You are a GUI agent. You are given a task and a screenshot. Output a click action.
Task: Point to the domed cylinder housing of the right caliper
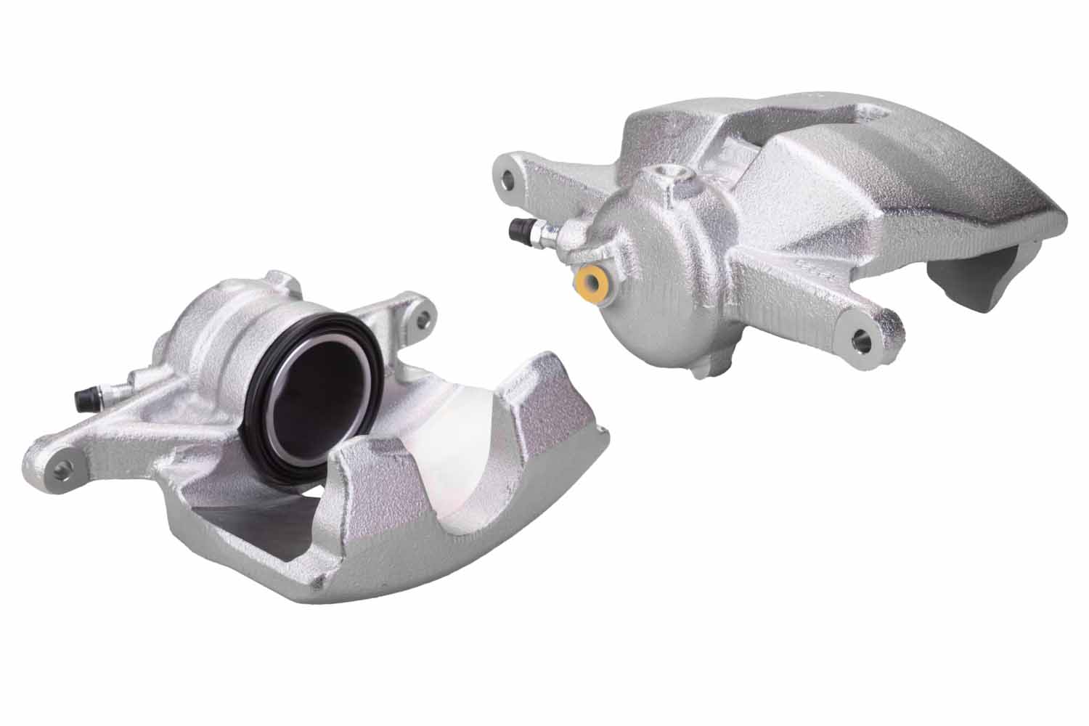653,283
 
